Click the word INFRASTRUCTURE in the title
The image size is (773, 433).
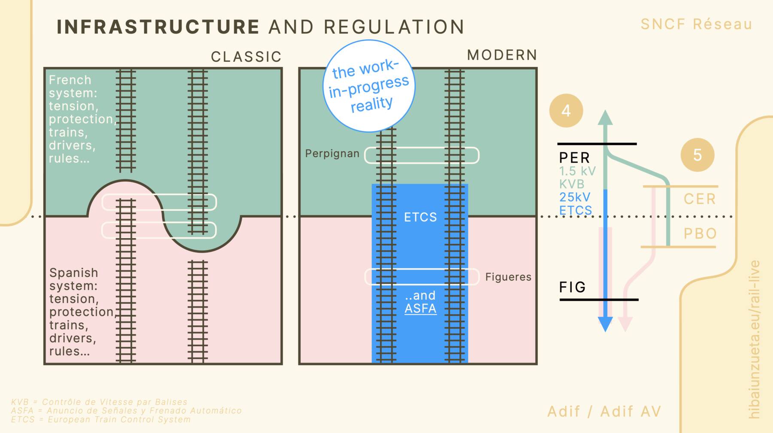[158, 27]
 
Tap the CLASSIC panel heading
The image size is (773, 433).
[246, 57]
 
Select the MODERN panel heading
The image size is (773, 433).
[502, 55]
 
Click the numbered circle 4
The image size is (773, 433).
[566, 111]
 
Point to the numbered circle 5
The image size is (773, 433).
[697, 155]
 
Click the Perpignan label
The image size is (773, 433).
[332, 154]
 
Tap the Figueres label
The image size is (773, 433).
[508, 277]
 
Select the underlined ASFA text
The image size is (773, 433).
[420, 309]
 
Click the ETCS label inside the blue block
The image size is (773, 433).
[420, 217]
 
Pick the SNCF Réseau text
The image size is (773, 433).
[696, 24]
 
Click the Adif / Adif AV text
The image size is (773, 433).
[604, 412]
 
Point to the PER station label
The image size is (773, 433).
[575, 157]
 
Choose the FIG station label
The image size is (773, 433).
[572, 287]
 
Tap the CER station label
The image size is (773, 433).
[700, 199]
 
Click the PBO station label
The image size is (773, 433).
[700, 233]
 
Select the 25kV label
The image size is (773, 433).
[575, 197]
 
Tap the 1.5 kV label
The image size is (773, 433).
[577, 171]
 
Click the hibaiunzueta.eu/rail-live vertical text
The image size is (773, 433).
[754, 339]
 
